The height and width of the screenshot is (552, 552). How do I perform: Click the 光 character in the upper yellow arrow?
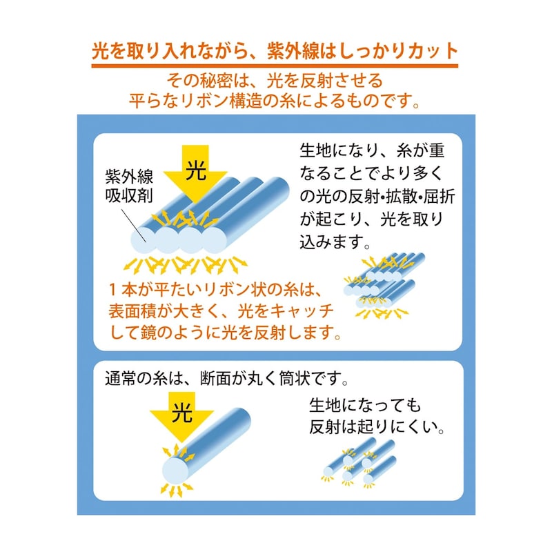pyautogui.click(x=196, y=170)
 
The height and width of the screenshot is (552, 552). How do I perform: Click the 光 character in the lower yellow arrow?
pyautogui.click(x=182, y=412)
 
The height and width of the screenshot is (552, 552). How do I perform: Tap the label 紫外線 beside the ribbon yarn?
pyautogui.click(x=129, y=177)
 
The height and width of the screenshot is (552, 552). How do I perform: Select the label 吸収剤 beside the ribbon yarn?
pyautogui.click(x=129, y=195)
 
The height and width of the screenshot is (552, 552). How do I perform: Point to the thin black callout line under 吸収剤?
pyautogui.click(x=134, y=226)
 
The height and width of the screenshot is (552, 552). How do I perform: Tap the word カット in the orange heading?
pyautogui.click(x=433, y=51)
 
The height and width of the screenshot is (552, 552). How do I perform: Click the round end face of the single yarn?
pyautogui.click(x=175, y=471)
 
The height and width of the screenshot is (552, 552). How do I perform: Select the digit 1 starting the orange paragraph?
pyautogui.click(x=112, y=290)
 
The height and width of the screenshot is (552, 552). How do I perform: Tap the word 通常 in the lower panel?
pyautogui.click(x=120, y=379)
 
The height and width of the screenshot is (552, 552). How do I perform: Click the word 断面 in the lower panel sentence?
pyautogui.click(x=215, y=379)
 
